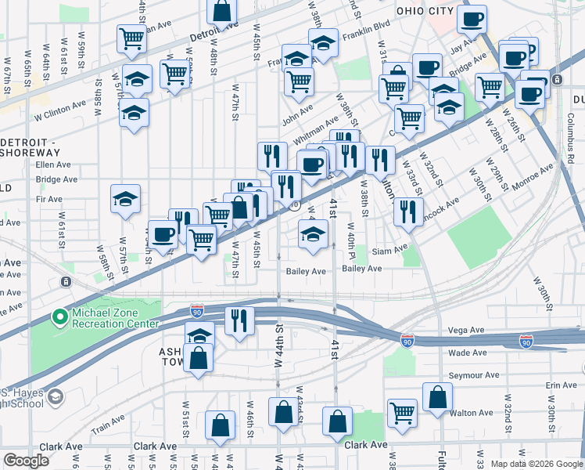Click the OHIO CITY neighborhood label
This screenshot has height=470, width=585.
pyautogui.click(x=425, y=10)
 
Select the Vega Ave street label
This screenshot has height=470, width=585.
pyautogui.click(x=467, y=331)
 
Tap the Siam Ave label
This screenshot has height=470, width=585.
pyautogui.click(x=389, y=249)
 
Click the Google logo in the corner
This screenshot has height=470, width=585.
pyautogui.click(x=26, y=461)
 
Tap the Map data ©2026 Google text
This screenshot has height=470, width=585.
pyautogui.click(x=536, y=464)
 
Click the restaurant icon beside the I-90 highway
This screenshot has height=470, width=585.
pyautogui.click(x=239, y=320)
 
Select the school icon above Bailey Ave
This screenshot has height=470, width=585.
pyautogui.click(x=313, y=233)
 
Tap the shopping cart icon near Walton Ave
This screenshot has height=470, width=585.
pyautogui.click(x=403, y=411)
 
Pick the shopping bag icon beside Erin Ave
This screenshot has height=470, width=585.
pyautogui.click(x=437, y=396)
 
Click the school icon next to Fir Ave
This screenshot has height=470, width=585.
pyautogui.click(x=125, y=200)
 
